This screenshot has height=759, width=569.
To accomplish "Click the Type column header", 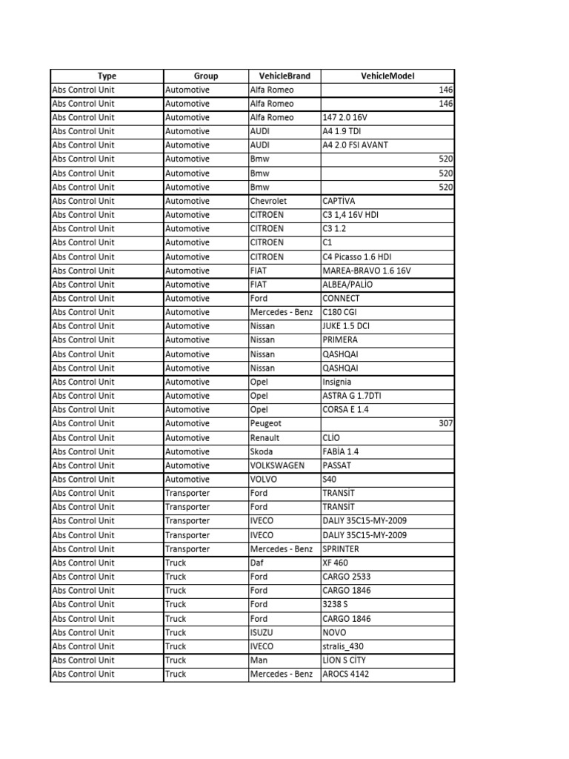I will point(107,76).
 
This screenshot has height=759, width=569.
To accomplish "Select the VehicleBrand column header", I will point(284,76).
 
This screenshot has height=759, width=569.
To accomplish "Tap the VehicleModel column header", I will point(387,76).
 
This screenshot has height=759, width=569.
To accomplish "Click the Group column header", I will point(205,76).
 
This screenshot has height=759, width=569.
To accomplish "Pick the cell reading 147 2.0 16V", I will point(345,117).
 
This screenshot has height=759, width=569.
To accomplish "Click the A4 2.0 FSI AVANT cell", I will point(355,145).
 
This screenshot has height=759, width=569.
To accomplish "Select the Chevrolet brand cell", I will point(268,201).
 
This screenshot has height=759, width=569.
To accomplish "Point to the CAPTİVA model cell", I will point(339,201).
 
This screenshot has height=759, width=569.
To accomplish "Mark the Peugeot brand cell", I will point(266,423).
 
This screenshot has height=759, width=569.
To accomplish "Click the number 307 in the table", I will point(445,423).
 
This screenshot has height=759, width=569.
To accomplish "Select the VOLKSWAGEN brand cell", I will point(278,465).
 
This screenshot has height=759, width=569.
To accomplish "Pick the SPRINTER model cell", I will point(341,549).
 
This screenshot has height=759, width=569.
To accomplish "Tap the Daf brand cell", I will point(257,563).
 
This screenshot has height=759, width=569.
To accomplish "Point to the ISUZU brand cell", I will point(262,632).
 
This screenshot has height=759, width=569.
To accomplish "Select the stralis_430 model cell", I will point(343,646).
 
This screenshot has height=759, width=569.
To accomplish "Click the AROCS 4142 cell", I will point(345,675).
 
